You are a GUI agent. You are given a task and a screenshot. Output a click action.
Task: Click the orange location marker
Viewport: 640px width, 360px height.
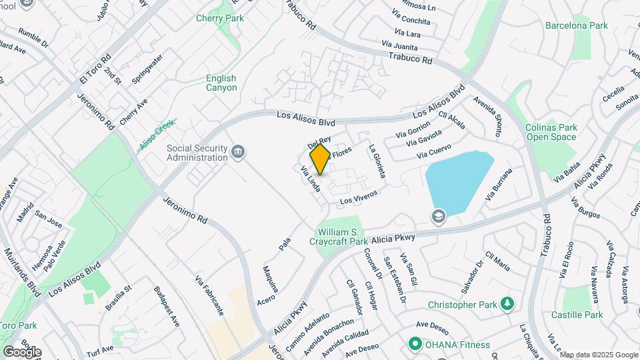[x=320, y=159]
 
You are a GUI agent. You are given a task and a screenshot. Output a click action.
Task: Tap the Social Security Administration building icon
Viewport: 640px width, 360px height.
[x=237, y=153]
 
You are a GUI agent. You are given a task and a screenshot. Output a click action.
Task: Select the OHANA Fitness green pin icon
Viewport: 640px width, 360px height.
[x=415, y=345]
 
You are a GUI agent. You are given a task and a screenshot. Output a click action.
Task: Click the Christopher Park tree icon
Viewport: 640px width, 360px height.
[x=508, y=304]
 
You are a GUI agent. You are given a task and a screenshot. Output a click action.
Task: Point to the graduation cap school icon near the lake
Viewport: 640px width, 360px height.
[x=438, y=215]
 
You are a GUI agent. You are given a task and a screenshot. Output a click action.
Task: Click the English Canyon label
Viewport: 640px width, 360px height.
[x=221, y=83]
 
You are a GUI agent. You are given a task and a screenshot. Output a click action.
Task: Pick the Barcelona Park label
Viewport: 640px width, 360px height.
[x=576, y=26]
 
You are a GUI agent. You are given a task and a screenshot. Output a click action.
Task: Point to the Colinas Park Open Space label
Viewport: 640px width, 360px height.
[x=551, y=132]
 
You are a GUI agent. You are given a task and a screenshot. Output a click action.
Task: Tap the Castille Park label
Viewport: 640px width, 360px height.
[x=577, y=315]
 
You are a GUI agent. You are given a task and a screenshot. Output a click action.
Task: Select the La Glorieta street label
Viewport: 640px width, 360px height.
[x=377, y=161]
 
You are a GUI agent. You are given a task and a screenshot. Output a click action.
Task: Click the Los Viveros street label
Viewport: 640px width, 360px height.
[x=359, y=197]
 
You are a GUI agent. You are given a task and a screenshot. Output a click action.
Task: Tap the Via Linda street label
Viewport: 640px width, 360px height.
[x=311, y=179]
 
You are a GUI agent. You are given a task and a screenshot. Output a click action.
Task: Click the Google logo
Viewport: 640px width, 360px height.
[x=22, y=351]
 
